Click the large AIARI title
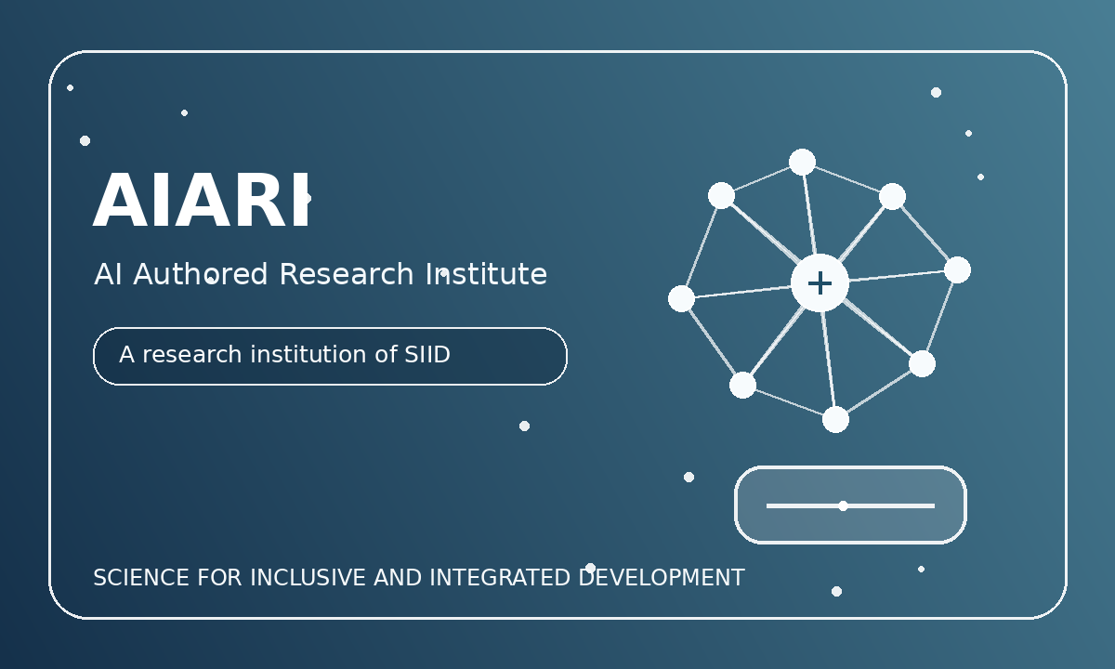point(202,200)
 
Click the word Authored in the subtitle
point(201,274)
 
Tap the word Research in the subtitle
point(347,274)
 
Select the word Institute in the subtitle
point(486,274)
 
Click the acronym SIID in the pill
point(427,354)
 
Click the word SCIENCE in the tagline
point(141,578)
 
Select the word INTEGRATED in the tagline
point(500,578)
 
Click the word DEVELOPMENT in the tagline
point(662,578)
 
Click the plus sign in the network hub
point(820,283)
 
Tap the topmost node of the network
point(803,162)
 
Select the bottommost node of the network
point(835,420)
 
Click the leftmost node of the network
point(681,298)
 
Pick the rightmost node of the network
point(957,270)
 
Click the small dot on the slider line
point(843,505)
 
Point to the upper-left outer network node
point(721,196)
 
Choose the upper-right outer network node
point(893,197)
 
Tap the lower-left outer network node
point(742,385)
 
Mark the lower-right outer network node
point(922,364)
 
